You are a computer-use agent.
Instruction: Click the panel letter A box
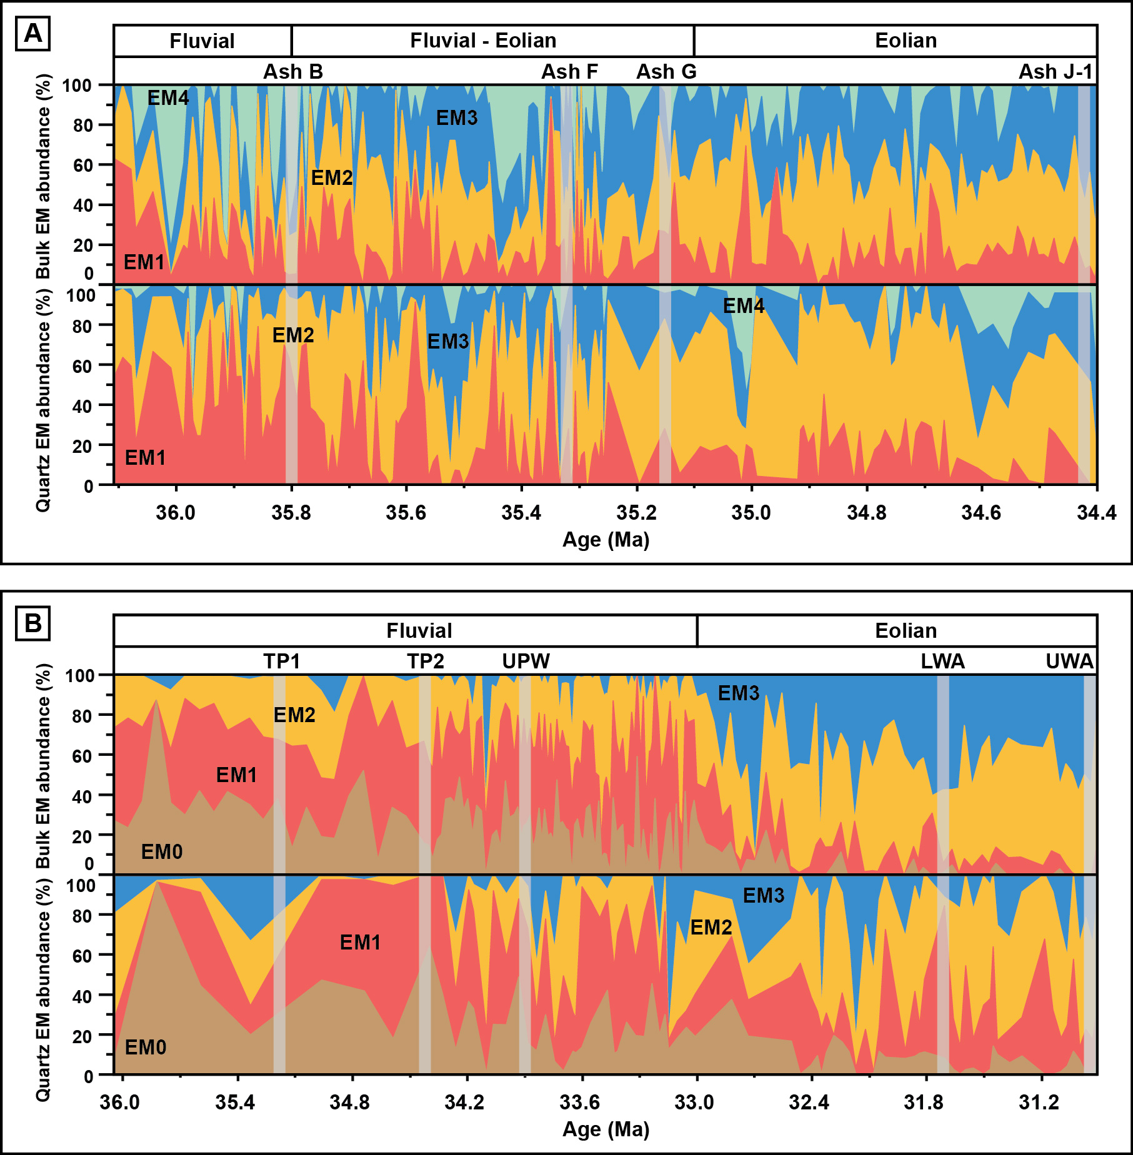32,33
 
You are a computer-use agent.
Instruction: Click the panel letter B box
32,623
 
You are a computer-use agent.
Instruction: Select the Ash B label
293,72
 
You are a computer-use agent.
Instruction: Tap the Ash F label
569,72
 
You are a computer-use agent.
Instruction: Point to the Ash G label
666,72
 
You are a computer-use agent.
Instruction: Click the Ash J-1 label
1056,72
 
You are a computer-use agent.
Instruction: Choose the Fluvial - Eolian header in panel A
483,41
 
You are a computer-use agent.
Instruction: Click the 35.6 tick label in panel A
406,513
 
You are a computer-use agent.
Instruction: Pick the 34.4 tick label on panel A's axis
1097,513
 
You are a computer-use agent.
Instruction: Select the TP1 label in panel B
282,661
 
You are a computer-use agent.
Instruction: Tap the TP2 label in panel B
426,661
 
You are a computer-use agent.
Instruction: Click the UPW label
526,661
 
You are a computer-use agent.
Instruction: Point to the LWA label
942,661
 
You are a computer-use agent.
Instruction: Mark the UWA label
1070,661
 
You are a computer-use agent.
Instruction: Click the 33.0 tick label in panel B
694,1103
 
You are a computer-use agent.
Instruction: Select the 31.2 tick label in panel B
1039,1103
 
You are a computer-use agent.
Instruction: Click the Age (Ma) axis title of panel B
606,1129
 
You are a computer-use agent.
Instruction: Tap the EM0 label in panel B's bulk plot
162,851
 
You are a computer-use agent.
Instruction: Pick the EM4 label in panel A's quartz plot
744,306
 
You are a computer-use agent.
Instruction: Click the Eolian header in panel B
906,631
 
